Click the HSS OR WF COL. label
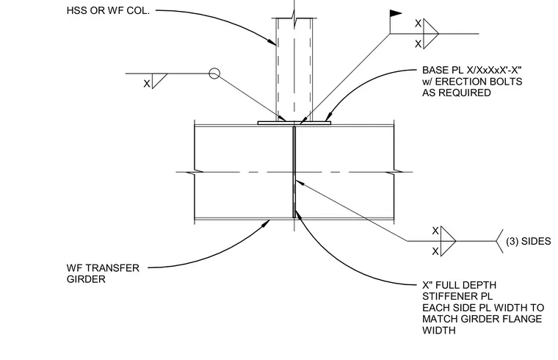point(108,11)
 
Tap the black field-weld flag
point(396,13)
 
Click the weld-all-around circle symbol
point(214,73)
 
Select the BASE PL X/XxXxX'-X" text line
point(472,70)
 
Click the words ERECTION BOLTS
point(479,82)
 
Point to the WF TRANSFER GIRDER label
point(103,273)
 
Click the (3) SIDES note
point(528,242)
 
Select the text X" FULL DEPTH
point(459,285)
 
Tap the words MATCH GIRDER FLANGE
point(482,319)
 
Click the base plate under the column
point(294,123)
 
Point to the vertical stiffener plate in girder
point(294,172)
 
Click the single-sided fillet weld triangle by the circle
point(159,81)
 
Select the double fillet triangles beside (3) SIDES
point(448,241)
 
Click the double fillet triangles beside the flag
point(430,34)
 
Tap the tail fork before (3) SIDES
point(500,241)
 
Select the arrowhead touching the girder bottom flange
point(267,223)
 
